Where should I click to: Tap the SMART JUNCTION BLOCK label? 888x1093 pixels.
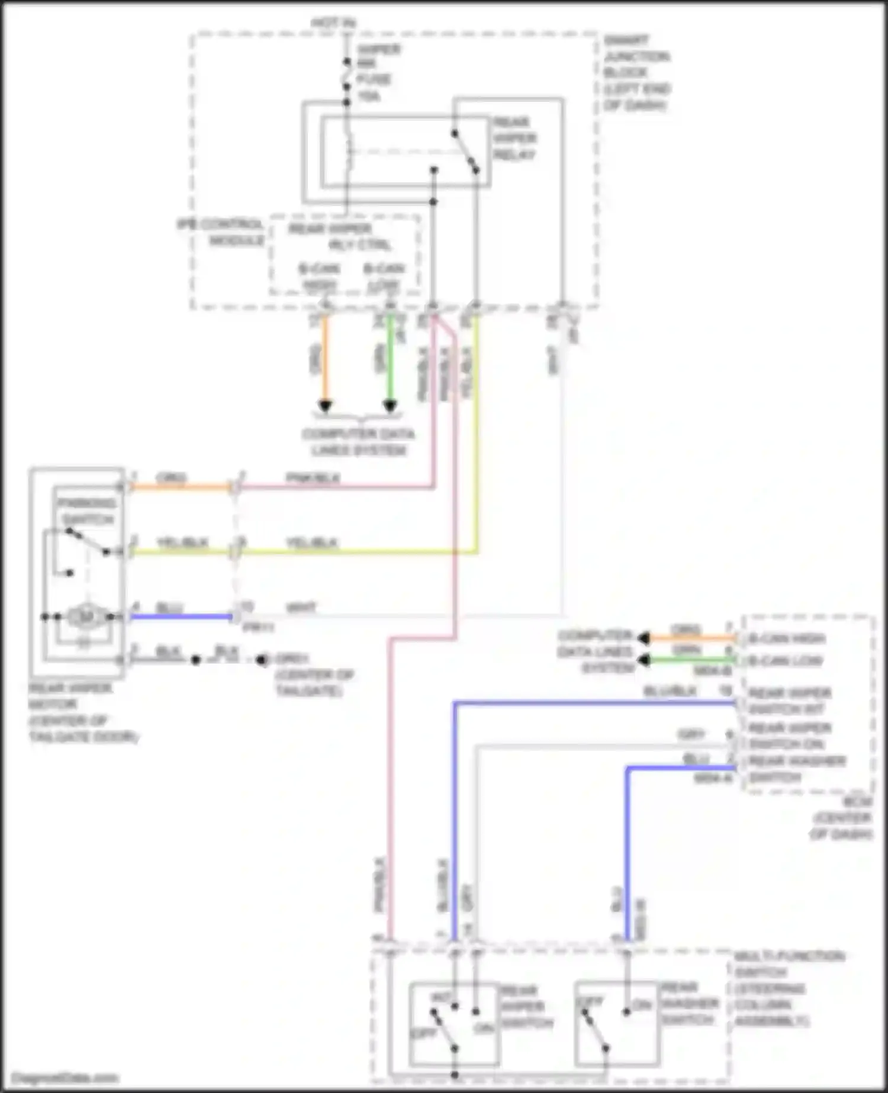[636, 73]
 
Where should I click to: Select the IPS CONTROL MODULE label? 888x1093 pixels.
[220, 233]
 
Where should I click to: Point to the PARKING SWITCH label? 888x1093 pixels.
[86, 511]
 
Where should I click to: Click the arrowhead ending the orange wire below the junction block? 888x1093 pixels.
[325, 407]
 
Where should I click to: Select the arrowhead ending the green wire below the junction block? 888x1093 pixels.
[390, 407]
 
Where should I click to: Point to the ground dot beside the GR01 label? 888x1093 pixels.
[260, 660]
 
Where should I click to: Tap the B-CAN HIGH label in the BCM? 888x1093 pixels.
[786, 639]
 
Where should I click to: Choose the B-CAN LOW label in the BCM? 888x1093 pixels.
[785, 661]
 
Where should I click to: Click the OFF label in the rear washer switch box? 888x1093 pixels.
[590, 1001]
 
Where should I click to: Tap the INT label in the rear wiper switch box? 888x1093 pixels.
[440, 998]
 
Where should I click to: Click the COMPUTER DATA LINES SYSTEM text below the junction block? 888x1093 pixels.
[359, 442]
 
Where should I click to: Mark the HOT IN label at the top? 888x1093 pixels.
[333, 23]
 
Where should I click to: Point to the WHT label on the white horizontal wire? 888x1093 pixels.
[301, 607]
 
